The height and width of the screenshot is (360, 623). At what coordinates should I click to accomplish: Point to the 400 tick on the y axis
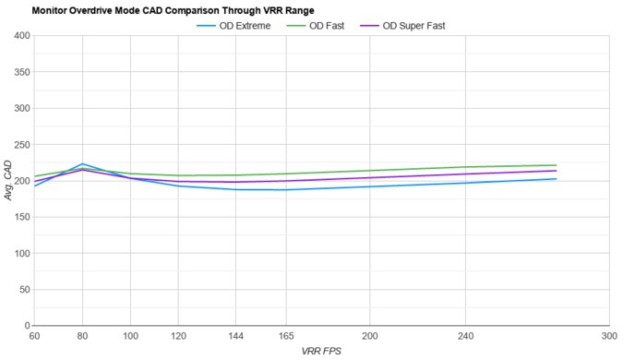(x=19, y=36)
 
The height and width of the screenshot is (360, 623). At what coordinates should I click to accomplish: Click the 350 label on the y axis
(x=19, y=72)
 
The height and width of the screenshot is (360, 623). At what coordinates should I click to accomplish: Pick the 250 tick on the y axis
(x=19, y=145)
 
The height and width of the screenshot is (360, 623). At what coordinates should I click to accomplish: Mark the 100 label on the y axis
(x=19, y=254)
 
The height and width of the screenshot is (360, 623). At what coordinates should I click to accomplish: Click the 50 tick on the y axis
(x=22, y=290)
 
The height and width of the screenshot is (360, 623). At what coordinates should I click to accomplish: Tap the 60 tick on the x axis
(x=34, y=336)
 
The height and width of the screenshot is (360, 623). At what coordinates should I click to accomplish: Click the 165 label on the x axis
(x=285, y=336)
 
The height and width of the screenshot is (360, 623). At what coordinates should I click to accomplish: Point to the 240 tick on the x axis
(x=465, y=336)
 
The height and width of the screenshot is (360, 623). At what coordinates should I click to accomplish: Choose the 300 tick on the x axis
(x=608, y=336)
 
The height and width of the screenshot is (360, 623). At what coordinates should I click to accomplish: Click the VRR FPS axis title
(x=321, y=352)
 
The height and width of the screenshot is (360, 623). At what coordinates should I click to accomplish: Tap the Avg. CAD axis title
(x=7, y=181)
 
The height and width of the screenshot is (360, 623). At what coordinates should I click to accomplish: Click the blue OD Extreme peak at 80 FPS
(x=82, y=163)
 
